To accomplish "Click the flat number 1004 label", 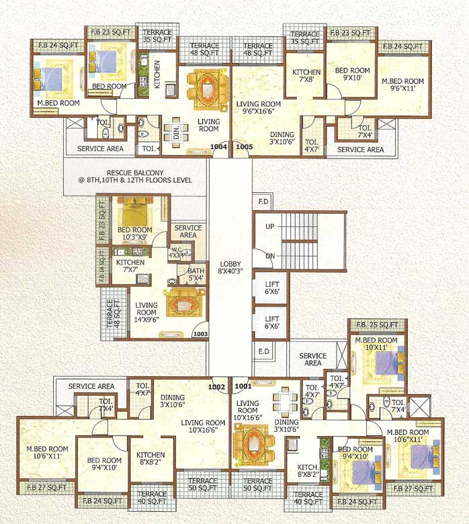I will (219, 146).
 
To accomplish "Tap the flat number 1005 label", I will (244, 146).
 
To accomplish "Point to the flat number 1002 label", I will (216, 386).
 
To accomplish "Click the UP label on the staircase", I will (269, 227).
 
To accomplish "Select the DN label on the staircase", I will (269, 256).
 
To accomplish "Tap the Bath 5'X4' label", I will (196, 275).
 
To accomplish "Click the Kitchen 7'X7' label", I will (131, 266).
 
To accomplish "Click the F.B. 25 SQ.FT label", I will (376, 325).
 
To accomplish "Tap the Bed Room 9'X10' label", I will (351, 74).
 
